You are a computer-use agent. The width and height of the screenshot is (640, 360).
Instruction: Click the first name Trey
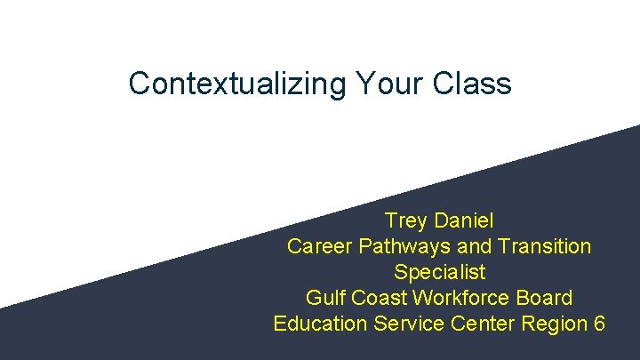(405, 220)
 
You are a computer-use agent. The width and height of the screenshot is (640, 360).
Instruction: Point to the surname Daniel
(463, 220)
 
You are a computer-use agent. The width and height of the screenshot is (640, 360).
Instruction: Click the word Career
(318, 245)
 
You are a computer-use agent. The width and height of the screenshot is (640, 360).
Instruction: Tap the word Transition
(545, 245)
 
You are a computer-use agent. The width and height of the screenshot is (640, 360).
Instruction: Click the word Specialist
(439, 271)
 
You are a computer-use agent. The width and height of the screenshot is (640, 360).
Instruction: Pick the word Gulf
(324, 297)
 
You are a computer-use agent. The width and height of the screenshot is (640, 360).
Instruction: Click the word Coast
(374, 297)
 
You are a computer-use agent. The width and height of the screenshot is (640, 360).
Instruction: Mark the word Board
(545, 297)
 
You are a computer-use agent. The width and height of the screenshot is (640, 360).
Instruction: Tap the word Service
(408, 323)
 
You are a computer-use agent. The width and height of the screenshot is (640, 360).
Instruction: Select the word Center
(483, 323)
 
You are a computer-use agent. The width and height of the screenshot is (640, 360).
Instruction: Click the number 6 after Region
(598, 323)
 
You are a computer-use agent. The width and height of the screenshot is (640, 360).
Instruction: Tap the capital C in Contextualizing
(140, 84)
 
